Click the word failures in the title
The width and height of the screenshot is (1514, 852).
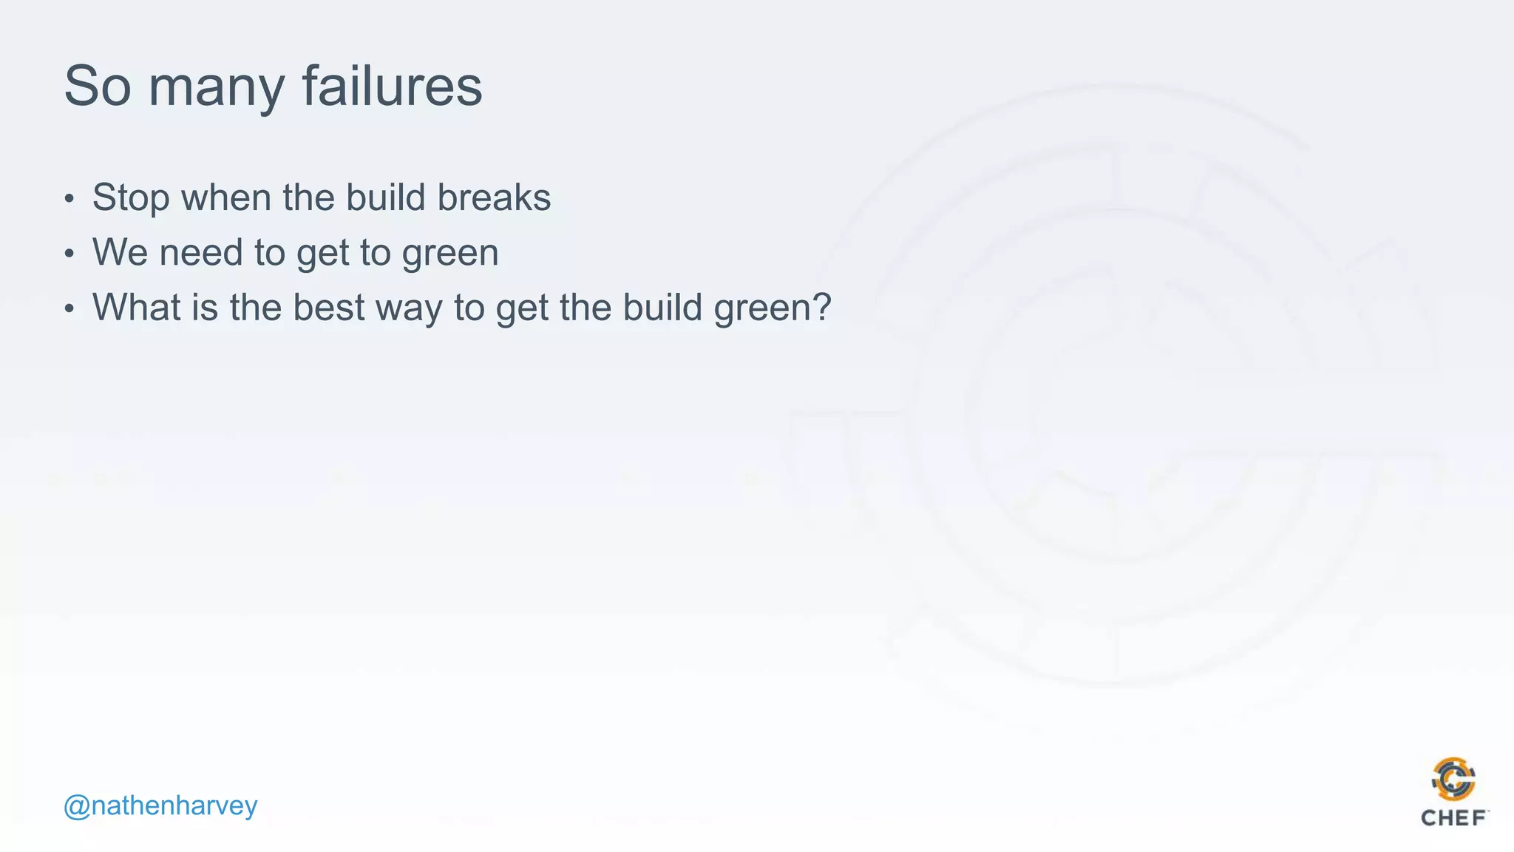[392, 86]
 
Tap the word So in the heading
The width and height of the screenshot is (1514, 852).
[97, 86]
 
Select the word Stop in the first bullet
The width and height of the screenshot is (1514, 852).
[131, 198]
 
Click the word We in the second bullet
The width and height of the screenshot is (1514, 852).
[120, 252]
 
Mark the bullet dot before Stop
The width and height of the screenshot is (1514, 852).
[69, 199]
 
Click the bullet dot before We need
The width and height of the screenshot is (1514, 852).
[69, 254]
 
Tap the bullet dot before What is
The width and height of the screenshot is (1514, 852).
[69, 308]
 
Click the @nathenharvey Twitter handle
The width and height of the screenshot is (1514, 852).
[160, 805]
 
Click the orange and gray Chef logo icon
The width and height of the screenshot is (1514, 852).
[1453, 779]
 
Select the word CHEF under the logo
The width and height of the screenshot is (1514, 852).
[1453, 818]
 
